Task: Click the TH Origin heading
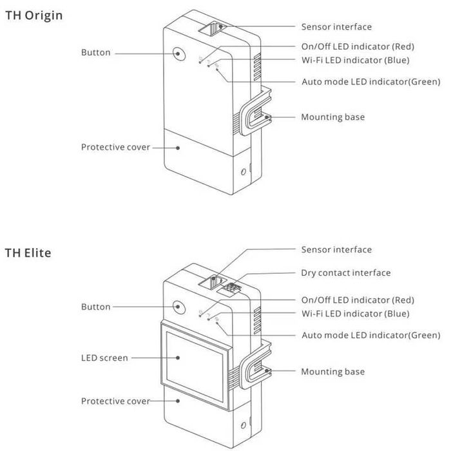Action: (x=34, y=15)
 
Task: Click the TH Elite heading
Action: (x=28, y=253)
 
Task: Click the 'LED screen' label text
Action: (x=104, y=358)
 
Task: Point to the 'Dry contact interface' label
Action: (x=345, y=273)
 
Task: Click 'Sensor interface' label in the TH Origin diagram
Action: (x=336, y=26)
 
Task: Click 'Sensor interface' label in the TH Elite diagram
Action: (x=336, y=249)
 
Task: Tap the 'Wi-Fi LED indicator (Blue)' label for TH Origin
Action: (x=356, y=60)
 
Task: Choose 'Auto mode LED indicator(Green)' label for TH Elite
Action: (x=371, y=335)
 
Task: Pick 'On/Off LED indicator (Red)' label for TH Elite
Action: (x=358, y=300)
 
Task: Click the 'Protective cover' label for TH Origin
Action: (x=115, y=147)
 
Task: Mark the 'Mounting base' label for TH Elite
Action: (x=332, y=372)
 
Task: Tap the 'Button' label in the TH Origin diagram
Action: (x=95, y=52)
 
